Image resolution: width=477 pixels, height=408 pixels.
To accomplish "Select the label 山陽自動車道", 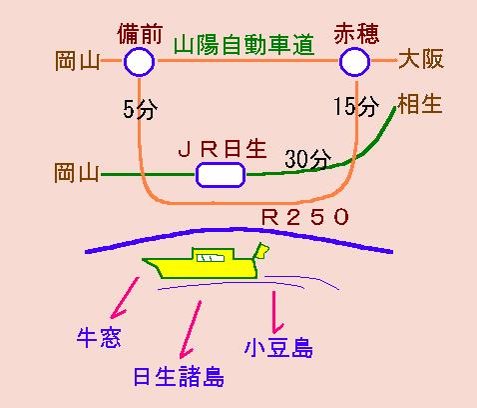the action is [x=243, y=45].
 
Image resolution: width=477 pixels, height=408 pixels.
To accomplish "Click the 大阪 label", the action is [x=421, y=59].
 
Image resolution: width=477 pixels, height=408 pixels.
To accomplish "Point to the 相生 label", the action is [x=420, y=104].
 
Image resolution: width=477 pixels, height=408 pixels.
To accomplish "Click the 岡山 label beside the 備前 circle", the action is [x=78, y=61].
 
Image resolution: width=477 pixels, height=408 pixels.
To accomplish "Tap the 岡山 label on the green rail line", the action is [x=77, y=172].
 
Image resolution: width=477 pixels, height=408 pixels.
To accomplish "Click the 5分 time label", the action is [x=140, y=109].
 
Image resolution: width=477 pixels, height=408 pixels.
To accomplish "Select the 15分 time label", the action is [x=356, y=106].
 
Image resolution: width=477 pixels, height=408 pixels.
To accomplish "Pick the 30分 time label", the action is [x=308, y=159].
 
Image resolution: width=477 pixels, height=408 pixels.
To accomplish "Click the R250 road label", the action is [x=305, y=217].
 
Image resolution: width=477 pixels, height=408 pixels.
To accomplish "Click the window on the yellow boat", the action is [x=211, y=258].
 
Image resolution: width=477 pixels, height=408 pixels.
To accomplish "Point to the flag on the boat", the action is [x=261, y=251].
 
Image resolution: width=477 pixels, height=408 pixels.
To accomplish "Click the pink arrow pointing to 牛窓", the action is [x=125, y=298].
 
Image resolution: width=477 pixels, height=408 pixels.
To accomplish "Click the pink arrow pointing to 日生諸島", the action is [x=191, y=330].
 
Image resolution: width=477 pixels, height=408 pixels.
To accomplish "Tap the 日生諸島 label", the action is [x=179, y=377].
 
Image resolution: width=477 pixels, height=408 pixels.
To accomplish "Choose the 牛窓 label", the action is [x=99, y=338].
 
